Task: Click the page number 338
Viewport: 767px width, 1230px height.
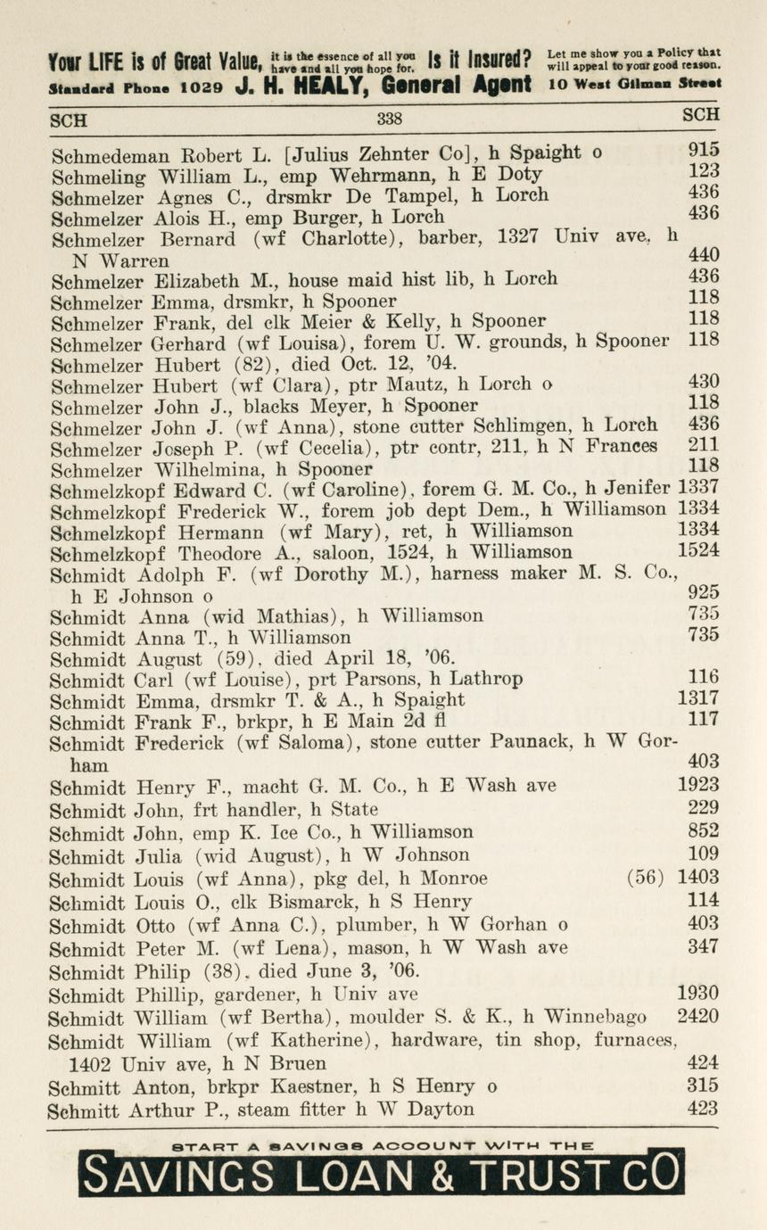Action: [389, 119]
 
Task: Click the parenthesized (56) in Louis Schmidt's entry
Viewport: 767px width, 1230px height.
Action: [645, 877]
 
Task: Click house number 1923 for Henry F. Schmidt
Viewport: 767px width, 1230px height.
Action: [698, 786]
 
